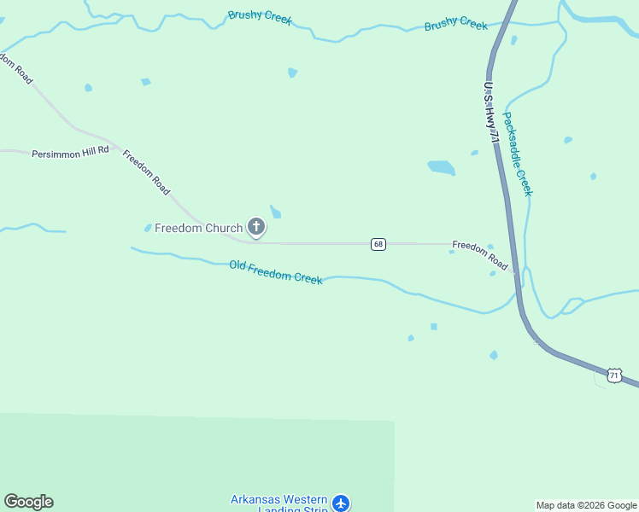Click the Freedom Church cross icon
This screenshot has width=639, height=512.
pyautogui.click(x=255, y=227)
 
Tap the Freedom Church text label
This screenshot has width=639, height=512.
pyautogui.click(x=198, y=228)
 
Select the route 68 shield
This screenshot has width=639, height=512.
pyautogui.click(x=378, y=244)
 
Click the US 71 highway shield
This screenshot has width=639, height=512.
pyautogui.click(x=614, y=375)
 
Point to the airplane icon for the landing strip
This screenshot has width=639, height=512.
pyautogui.click(x=341, y=503)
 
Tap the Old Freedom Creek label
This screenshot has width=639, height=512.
pyautogui.click(x=276, y=272)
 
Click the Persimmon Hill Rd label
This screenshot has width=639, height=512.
pyautogui.click(x=70, y=153)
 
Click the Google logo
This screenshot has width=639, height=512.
pyautogui.click(x=28, y=502)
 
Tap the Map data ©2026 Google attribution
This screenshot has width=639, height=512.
pyautogui.click(x=586, y=505)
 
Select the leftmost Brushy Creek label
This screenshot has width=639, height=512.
pyautogui.click(x=260, y=17)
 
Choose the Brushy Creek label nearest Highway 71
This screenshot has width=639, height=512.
pyautogui.click(x=456, y=25)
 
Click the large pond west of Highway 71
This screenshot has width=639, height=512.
pyautogui.click(x=441, y=167)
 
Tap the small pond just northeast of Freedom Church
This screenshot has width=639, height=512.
pyautogui.click(x=275, y=212)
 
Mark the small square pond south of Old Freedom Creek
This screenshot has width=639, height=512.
pyautogui.click(x=434, y=327)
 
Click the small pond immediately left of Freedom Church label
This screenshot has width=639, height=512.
pyautogui.click(x=148, y=228)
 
